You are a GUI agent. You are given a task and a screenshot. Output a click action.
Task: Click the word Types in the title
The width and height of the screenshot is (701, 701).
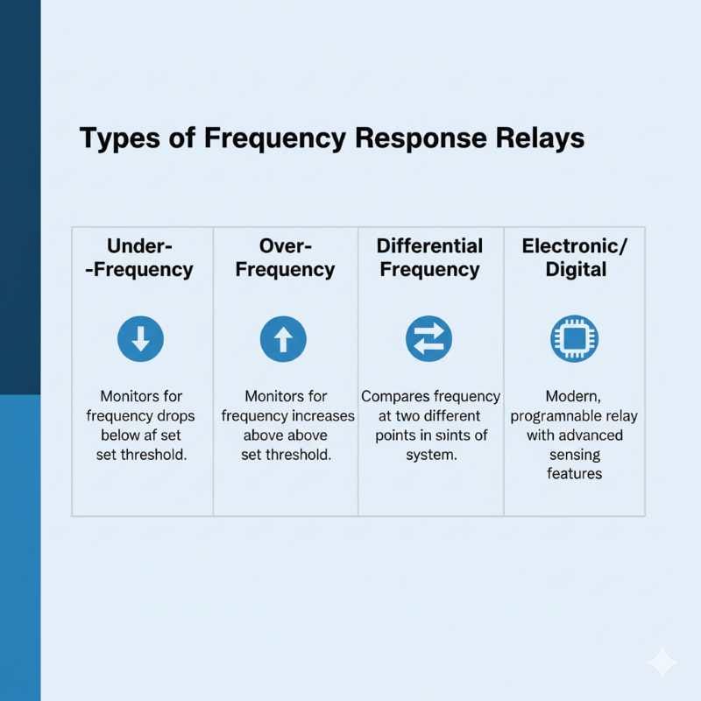click(119, 138)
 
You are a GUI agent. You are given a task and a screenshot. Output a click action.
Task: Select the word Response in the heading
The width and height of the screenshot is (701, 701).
click(421, 138)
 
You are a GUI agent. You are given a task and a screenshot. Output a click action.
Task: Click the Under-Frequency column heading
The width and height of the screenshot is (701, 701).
click(139, 258)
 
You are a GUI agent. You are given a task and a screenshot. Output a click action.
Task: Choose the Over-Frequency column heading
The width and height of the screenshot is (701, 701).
click(286, 258)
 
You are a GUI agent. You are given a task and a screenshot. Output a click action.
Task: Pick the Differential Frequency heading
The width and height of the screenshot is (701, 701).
click(429, 258)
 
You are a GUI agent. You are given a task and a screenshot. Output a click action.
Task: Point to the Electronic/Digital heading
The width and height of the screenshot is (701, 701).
click(575, 258)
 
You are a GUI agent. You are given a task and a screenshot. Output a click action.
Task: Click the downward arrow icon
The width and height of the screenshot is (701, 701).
click(140, 339)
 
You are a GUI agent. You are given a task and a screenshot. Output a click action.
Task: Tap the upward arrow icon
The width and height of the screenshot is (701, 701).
click(283, 339)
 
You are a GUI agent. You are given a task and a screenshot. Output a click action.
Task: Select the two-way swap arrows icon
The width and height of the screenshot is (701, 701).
click(428, 339)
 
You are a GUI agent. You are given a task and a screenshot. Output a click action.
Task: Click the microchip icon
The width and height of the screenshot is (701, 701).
click(575, 339)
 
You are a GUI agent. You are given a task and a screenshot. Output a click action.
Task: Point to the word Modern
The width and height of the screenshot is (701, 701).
click(573, 397)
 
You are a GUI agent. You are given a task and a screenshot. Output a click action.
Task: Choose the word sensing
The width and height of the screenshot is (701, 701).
click(575, 455)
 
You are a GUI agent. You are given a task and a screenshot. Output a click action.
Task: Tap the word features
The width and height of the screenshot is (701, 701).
click(575, 474)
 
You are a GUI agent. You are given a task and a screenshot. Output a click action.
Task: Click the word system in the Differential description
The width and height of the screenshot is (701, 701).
click(431, 455)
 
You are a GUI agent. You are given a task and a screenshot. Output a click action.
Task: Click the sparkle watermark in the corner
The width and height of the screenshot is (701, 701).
click(662, 662)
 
